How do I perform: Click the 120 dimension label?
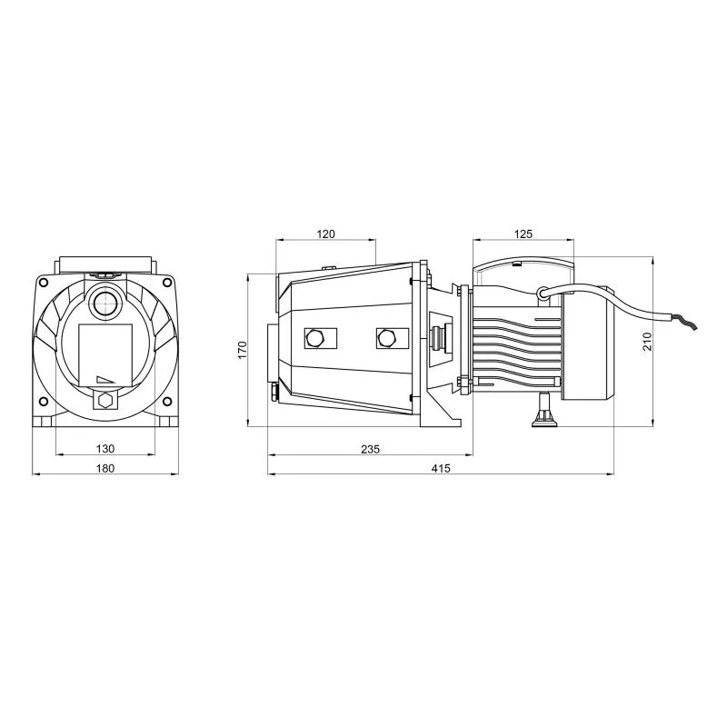325,234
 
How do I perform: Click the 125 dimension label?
523,234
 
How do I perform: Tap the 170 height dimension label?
242,350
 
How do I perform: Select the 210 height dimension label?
647,342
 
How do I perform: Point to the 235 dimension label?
370,449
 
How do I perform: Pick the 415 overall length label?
441,468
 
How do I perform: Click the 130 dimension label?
105,449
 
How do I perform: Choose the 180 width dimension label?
105,468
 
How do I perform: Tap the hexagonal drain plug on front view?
106,400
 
